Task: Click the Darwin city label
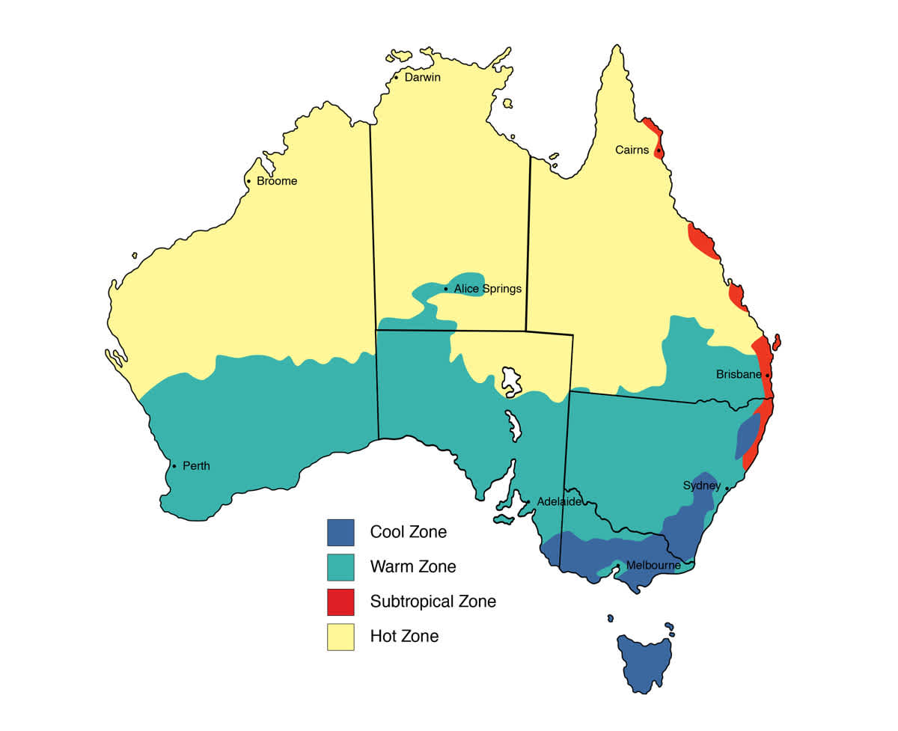click(422, 77)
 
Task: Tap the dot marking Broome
click(248, 181)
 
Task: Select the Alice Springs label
click(487, 289)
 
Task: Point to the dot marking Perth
click(174, 466)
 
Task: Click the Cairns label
click(632, 150)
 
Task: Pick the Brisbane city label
click(739, 374)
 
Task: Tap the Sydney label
click(701, 486)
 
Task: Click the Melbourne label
click(653, 565)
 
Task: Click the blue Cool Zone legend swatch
click(340, 533)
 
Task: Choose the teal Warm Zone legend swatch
click(340, 567)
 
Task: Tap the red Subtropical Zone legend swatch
click(340, 602)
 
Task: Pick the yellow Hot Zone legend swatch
click(340, 637)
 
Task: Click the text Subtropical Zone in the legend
click(433, 602)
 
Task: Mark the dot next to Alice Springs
click(446, 289)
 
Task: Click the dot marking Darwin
click(396, 77)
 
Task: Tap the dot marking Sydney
click(727, 488)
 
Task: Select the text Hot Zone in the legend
click(404, 637)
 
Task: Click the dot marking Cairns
click(659, 151)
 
